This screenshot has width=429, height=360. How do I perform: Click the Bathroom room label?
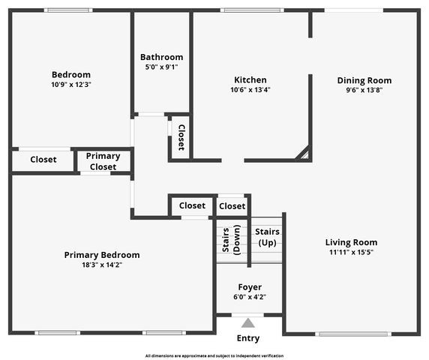coord(161,57)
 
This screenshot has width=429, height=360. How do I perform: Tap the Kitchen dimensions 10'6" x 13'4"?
coord(250,90)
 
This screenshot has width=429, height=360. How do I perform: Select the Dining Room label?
coord(364,80)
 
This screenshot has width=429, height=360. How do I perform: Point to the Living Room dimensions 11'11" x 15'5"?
coord(351,253)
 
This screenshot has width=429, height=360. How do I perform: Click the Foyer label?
coord(250,287)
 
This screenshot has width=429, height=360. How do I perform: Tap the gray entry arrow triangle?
coord(248,323)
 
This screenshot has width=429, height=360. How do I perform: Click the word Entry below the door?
coord(248,338)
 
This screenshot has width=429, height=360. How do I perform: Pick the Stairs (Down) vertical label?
coord(231,241)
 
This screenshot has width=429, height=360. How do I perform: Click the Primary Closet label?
coord(103,161)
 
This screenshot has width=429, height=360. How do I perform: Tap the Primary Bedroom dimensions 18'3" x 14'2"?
coord(101,265)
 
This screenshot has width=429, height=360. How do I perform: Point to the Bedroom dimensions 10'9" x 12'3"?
coord(71,85)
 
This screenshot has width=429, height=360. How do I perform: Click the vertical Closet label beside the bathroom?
coord(181,136)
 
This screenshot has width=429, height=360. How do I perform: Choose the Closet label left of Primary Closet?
coord(43,159)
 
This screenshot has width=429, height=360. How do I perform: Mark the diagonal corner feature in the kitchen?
coord(303,154)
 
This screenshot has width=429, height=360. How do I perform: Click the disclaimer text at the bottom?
coord(214,355)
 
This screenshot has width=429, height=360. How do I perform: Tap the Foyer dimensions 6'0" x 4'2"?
coord(250,297)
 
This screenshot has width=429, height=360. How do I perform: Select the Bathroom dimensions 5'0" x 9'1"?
coord(161,67)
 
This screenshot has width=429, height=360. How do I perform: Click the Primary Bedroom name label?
coord(101,255)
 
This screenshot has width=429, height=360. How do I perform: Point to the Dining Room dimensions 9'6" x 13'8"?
coord(364,90)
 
